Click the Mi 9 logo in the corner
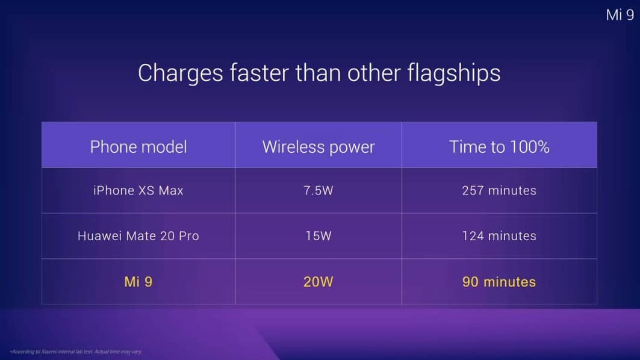(x=620, y=15)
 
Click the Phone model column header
(x=138, y=147)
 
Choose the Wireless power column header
(x=318, y=147)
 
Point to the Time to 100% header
(x=499, y=147)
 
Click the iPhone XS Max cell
(x=138, y=191)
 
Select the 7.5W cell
(x=318, y=191)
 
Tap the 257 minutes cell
(x=499, y=191)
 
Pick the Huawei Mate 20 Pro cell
(x=138, y=236)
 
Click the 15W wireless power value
(x=318, y=236)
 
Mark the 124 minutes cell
(x=499, y=236)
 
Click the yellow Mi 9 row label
(x=138, y=282)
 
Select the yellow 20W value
(x=318, y=282)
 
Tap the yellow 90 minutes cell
(x=499, y=282)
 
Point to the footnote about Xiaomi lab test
(x=76, y=352)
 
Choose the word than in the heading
(x=318, y=73)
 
